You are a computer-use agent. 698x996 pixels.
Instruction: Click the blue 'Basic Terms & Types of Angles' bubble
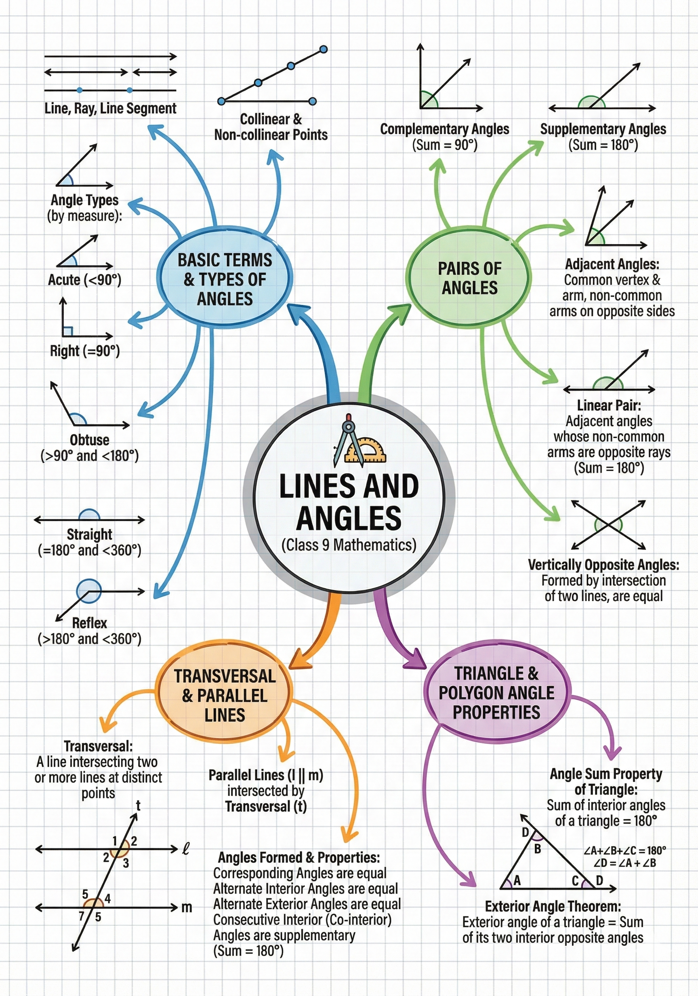coord(225,279)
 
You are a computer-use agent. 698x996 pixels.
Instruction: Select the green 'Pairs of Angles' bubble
coord(469,278)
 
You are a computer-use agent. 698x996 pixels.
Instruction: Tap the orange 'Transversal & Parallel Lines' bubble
coord(225,695)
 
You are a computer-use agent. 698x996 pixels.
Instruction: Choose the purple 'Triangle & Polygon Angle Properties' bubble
coord(496,693)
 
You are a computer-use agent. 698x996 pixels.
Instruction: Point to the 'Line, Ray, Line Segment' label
coord(110,108)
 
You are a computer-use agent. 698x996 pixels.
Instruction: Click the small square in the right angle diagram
coord(67,331)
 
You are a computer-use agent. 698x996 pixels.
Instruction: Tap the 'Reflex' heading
coord(89,623)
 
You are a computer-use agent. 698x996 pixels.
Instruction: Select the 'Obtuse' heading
coord(89,440)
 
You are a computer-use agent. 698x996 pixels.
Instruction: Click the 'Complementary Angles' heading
coord(444,129)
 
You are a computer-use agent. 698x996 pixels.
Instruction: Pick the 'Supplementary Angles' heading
coord(603,129)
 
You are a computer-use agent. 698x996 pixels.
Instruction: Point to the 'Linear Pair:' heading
coord(609,405)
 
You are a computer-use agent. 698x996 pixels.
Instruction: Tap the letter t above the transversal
coord(138,806)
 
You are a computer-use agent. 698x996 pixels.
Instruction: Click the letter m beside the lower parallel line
coord(187,907)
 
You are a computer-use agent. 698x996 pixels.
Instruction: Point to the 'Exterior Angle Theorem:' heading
coord(553,906)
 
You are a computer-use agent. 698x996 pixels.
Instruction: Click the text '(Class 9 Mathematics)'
coord(349,545)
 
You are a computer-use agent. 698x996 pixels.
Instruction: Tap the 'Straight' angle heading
coord(89,534)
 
